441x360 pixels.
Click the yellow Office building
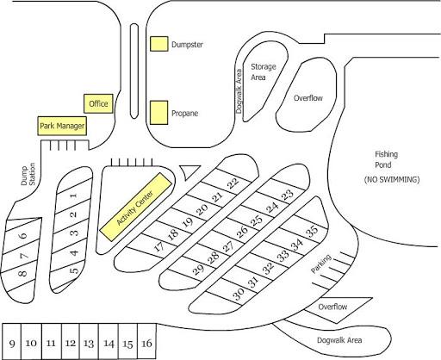[98, 103]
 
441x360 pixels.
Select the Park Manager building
[62, 126]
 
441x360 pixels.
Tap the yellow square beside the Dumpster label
[159, 44]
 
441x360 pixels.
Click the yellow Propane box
[159, 113]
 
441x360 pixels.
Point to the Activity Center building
[136, 207]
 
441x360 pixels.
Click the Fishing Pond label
[387, 159]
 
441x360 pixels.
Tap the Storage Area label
[263, 72]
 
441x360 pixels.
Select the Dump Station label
[28, 175]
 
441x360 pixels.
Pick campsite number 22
[233, 183]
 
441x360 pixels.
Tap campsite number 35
[313, 230]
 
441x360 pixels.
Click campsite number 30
[239, 294]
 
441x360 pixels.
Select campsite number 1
[74, 196]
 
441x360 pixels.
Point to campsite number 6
[23, 235]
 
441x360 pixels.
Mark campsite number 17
[159, 246]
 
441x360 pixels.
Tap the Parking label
[321, 264]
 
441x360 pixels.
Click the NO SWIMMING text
[392, 180]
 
